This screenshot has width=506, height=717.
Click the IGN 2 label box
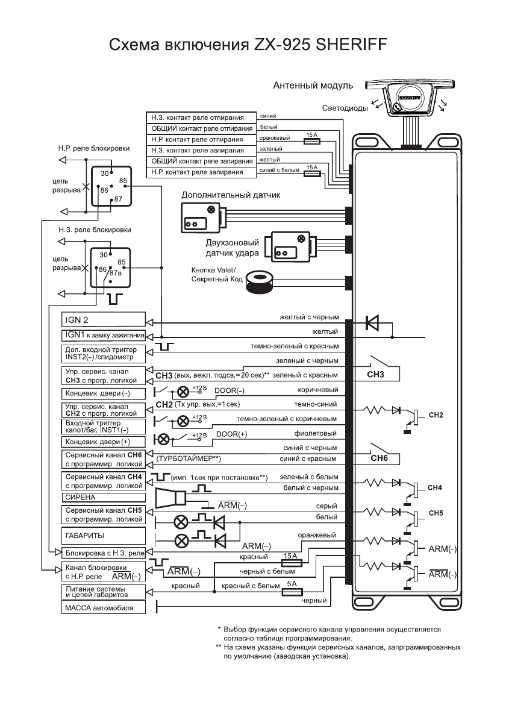(x=103, y=319)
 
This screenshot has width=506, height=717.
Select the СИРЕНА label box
(x=103, y=497)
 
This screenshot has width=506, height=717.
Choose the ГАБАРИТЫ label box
(x=103, y=534)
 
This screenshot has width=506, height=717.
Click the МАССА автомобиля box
(x=103, y=608)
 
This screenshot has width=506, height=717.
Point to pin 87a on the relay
(x=115, y=273)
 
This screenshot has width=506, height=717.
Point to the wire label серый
(x=326, y=506)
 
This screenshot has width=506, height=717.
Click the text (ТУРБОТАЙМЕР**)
(x=189, y=459)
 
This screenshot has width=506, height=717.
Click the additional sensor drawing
(x=203, y=217)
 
